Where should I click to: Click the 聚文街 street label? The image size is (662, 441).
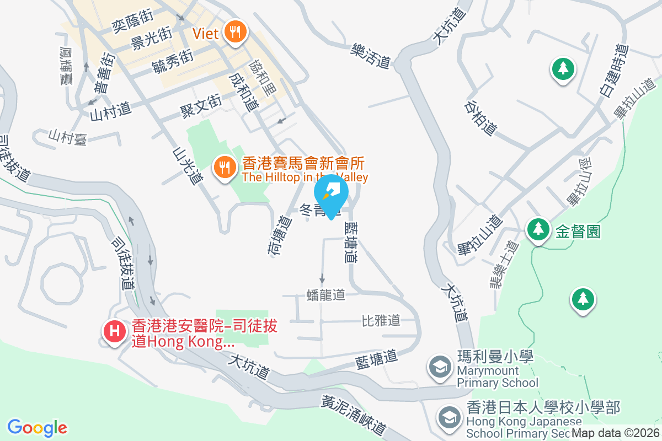[x=201, y=105]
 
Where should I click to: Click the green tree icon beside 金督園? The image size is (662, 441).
[x=537, y=229]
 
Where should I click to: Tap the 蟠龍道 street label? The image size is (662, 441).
[x=325, y=295]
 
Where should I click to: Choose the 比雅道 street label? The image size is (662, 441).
[x=381, y=320]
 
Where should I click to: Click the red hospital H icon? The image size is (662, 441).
[x=114, y=332]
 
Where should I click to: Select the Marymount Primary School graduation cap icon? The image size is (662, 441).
[x=440, y=367]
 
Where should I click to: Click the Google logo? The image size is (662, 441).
[x=38, y=428]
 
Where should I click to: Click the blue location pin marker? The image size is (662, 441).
[x=331, y=193]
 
